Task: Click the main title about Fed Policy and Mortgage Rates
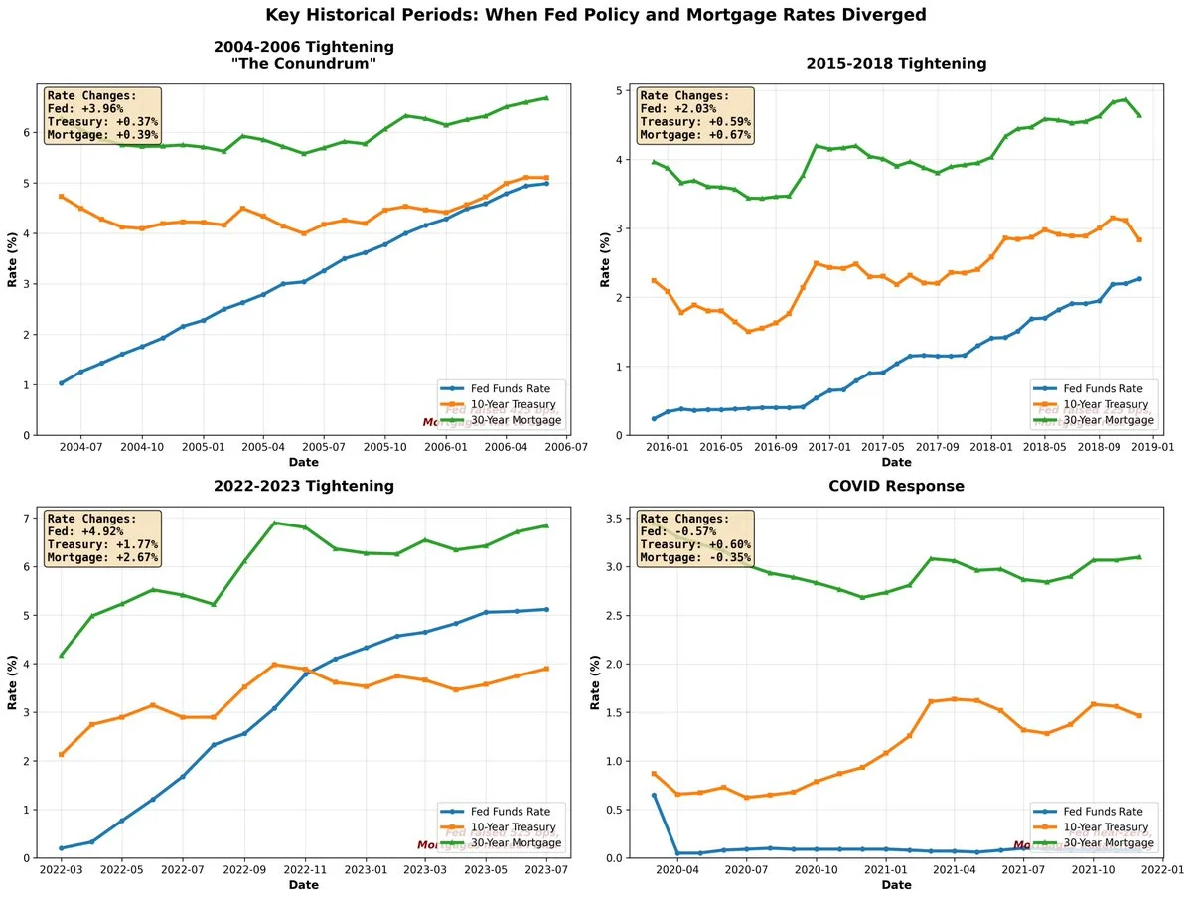596,15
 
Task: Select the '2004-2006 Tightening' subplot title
303,47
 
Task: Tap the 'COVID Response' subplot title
896,486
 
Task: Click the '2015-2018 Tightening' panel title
896,63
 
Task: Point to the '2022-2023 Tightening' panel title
303,486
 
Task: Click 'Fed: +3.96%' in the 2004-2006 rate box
90,109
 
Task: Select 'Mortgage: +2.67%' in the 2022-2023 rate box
102,557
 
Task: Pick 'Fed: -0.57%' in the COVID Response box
684,531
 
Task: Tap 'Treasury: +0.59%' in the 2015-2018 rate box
696,122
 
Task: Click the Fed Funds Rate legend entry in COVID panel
1100,811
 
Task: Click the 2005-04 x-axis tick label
264,448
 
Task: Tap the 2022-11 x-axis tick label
305,871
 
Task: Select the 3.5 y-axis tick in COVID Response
617,519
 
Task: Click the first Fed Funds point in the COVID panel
654,795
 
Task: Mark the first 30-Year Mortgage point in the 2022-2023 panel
62,656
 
